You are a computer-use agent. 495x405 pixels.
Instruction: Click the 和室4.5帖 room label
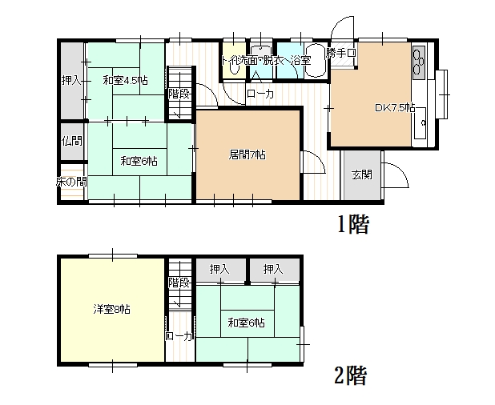pyautogui.click(x=125, y=81)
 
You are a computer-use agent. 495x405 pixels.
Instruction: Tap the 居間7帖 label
pyautogui.click(x=247, y=154)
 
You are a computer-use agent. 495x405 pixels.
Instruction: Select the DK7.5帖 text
pyautogui.click(x=395, y=107)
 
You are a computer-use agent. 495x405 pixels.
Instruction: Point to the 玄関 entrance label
pyautogui.click(x=362, y=174)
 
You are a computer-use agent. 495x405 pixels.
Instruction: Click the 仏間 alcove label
pyautogui.click(x=72, y=140)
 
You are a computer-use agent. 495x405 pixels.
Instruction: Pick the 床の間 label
pyautogui.click(x=71, y=182)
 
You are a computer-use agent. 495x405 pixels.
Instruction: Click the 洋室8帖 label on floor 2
pyautogui.click(x=112, y=310)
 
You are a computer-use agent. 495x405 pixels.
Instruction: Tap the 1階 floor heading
pyautogui.click(x=353, y=224)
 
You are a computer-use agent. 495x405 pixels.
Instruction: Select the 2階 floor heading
pyautogui.click(x=351, y=375)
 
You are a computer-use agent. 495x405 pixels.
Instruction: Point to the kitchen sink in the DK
pyautogui.click(x=421, y=123)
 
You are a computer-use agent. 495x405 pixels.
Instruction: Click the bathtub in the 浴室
pyautogui.click(x=316, y=61)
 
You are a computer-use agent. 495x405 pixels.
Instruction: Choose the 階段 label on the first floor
pyautogui.click(x=179, y=94)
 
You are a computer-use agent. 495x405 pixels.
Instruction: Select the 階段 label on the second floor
pyautogui.click(x=179, y=283)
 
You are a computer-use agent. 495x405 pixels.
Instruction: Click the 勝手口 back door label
pyautogui.click(x=341, y=53)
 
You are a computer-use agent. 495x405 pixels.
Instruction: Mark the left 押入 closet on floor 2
pyautogui.click(x=219, y=269)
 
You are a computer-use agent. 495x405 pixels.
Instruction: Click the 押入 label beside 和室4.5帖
pyautogui.click(x=71, y=80)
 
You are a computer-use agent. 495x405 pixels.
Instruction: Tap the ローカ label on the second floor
pyautogui.click(x=179, y=336)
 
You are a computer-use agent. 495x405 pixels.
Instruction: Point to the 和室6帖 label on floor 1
pyautogui.click(x=139, y=162)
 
